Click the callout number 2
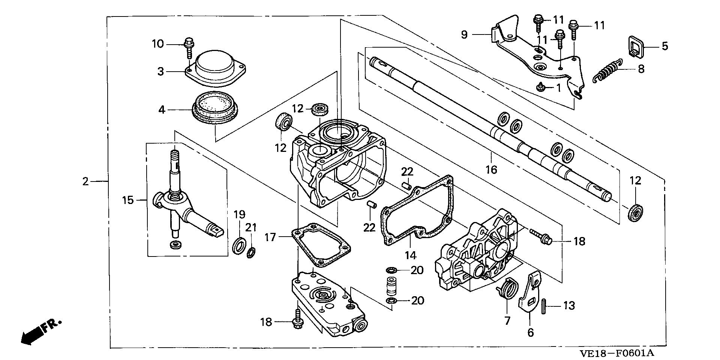point(85,182)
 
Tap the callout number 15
point(128,200)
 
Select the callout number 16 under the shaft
point(491,170)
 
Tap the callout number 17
point(270,237)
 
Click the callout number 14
point(410,255)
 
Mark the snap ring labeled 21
point(251,252)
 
